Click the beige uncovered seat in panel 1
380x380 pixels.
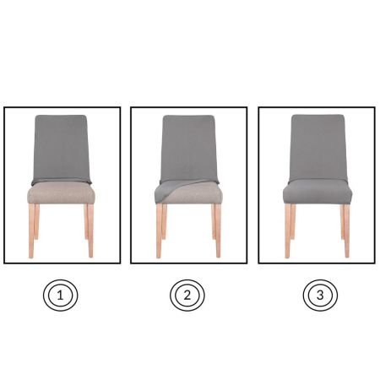(x=62, y=195)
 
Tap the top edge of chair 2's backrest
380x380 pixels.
(x=188, y=117)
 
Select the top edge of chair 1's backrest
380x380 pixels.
(x=62, y=116)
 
